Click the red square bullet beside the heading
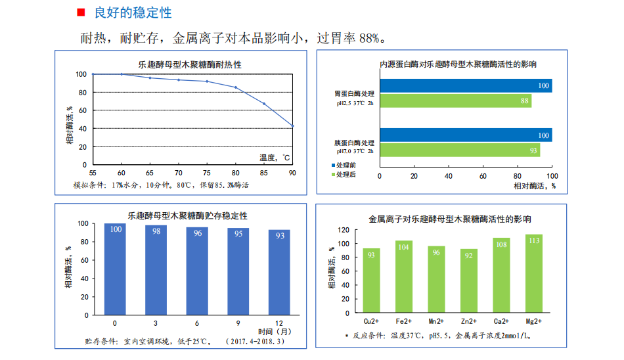[81, 13]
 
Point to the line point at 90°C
[292, 126]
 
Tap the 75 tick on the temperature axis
[207, 173]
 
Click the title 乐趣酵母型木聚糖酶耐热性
[190, 64]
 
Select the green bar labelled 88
[455, 101]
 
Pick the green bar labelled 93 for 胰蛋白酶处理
[459, 150]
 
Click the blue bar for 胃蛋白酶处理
[465, 85]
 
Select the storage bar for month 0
[116, 269]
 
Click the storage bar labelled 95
[238, 271]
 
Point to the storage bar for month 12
[279, 272]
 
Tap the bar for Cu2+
[371, 281]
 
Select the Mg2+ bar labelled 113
[534, 274]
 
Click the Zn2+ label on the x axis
[469, 323]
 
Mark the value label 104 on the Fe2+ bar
[404, 247]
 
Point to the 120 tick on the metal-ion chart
[343, 230]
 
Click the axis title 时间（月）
[275, 332]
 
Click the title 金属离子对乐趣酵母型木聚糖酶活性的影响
[450, 219]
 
